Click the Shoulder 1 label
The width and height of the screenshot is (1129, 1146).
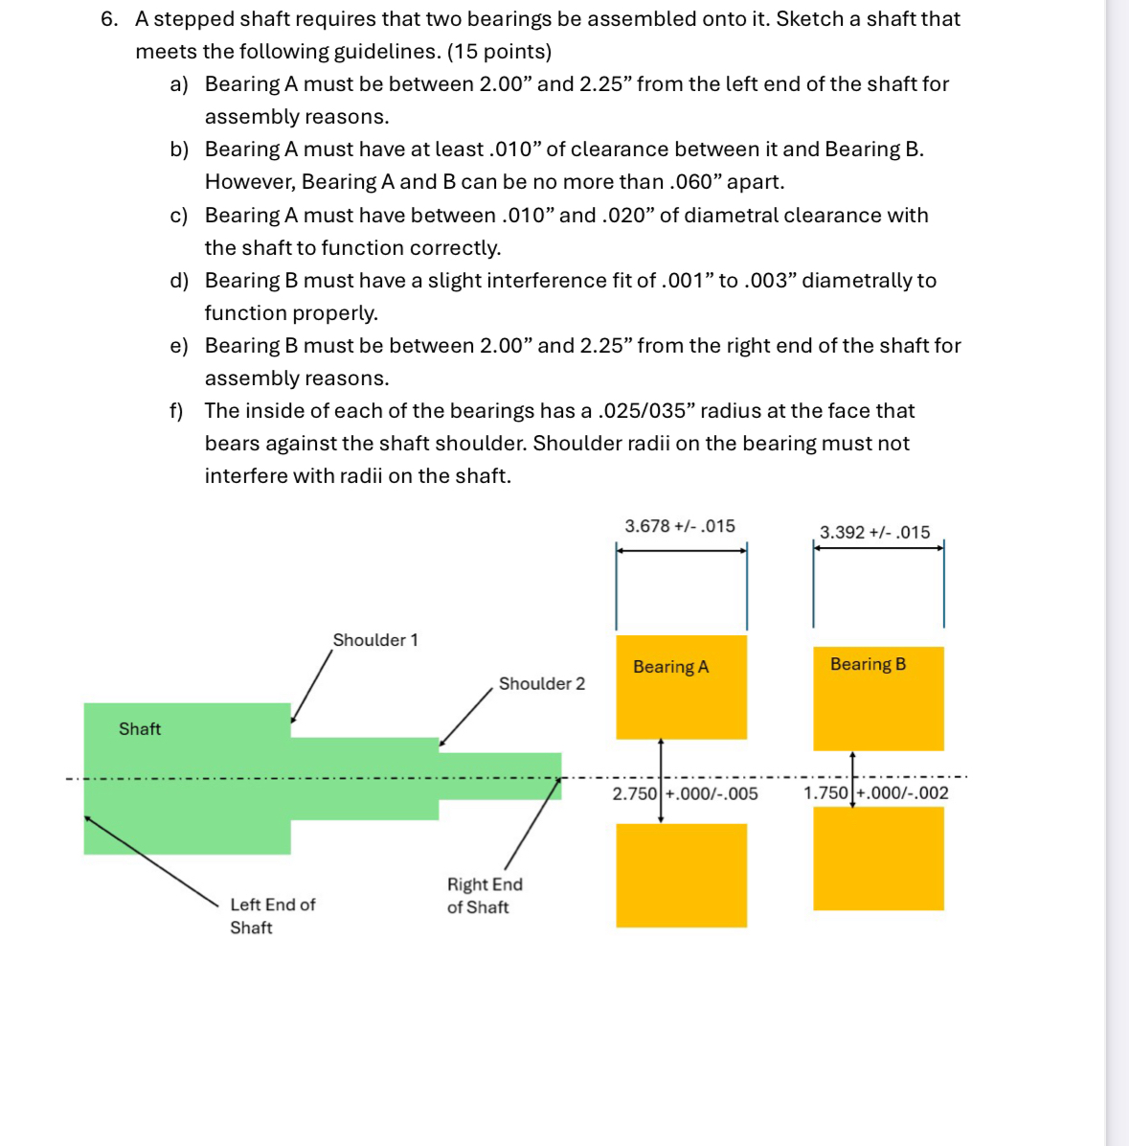375,640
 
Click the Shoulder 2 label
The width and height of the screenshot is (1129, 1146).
541,683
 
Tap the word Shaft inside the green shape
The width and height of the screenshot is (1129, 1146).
140,729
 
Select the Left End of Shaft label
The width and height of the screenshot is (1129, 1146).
272,916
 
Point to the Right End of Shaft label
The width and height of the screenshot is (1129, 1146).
485,896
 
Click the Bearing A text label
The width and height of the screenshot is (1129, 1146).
670,667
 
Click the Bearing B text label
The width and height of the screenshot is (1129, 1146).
868,664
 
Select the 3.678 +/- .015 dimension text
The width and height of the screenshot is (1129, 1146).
680,526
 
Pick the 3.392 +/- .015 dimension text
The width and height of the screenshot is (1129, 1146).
874,533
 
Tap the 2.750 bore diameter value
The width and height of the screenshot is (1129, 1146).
634,793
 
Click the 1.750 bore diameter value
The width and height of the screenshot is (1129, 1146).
825,792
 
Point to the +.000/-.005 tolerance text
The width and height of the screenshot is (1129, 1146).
711,793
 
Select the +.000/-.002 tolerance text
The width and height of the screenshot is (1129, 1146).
902,792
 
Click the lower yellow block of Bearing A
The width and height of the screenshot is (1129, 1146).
681,875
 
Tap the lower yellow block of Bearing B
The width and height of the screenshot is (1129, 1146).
878,858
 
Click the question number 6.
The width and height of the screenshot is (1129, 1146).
109,19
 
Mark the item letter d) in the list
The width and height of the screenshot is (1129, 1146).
179,281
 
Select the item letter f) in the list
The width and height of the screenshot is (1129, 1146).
176,411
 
